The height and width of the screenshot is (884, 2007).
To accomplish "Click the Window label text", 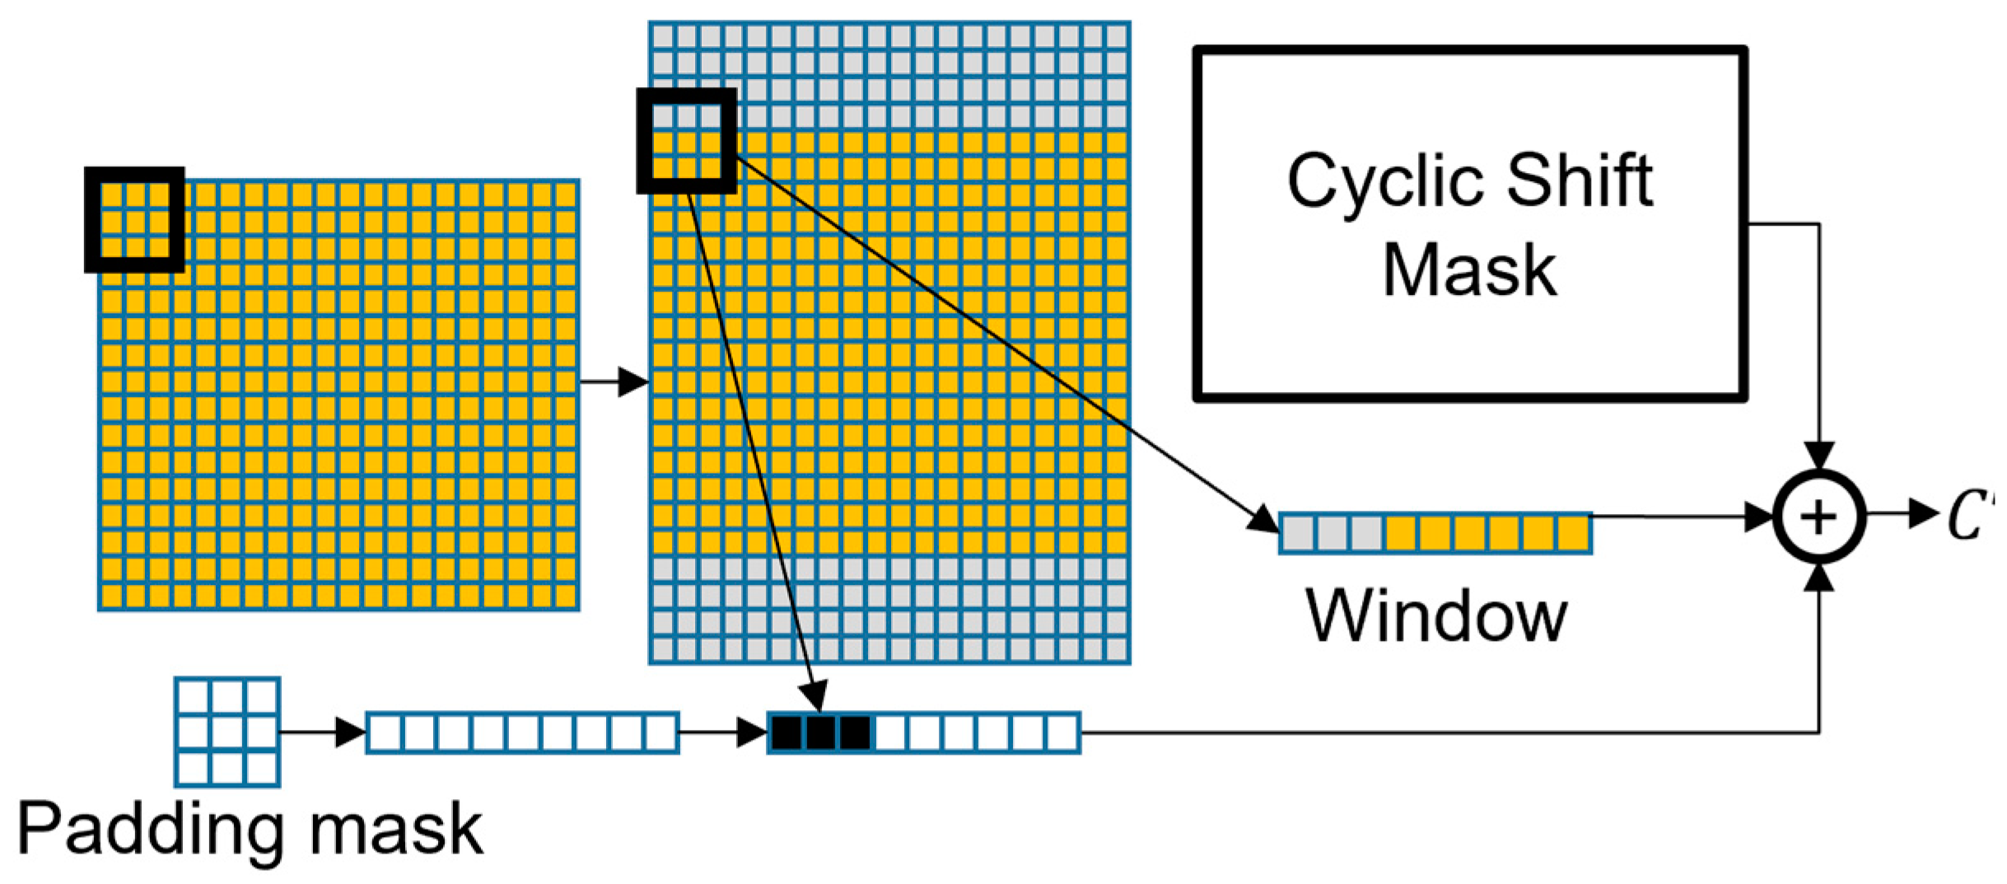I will pyautogui.click(x=1436, y=616).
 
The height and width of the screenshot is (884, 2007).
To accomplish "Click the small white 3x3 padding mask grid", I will pyautogui.click(x=227, y=732).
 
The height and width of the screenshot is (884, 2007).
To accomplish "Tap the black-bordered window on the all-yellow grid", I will pyautogui.click(x=134, y=220).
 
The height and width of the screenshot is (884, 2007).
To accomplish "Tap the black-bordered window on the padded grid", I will pyautogui.click(x=686, y=142).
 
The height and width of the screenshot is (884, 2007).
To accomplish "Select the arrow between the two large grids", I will pyautogui.click(x=614, y=381).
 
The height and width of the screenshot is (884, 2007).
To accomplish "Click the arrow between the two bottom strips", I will pyautogui.click(x=724, y=732).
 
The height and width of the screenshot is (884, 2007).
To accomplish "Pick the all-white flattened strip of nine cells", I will pyautogui.click(x=522, y=732).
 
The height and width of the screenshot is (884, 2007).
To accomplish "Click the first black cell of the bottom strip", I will pyautogui.click(x=786, y=732).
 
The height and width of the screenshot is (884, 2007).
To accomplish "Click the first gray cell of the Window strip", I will pyautogui.click(x=1298, y=533).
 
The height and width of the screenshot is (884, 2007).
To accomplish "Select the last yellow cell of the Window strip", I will pyautogui.click(x=1573, y=533).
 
